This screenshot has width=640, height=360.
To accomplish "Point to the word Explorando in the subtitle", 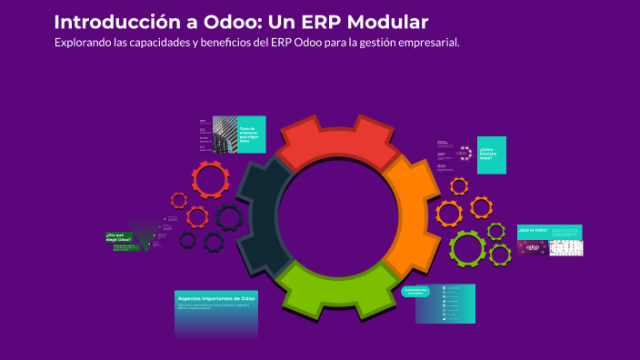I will click(x=85, y=43).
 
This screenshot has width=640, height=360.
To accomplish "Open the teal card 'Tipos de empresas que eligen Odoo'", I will click(x=251, y=135).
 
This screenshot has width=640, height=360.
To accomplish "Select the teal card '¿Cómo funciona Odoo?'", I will click(x=491, y=154).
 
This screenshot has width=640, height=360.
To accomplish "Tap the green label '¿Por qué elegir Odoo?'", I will click(x=118, y=238).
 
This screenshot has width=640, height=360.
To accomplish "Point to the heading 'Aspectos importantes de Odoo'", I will click(x=215, y=298).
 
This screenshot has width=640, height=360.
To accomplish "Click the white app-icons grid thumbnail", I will click(x=565, y=247).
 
